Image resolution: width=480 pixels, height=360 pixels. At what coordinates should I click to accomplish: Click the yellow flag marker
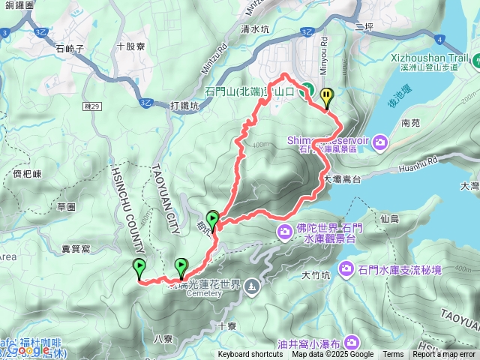[326, 97]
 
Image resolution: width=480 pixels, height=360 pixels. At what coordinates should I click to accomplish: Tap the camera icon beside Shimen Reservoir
[381, 141]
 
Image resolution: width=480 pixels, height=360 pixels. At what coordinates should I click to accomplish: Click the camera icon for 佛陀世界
[285, 232]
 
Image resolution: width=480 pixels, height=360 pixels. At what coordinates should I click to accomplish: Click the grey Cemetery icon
[250, 285]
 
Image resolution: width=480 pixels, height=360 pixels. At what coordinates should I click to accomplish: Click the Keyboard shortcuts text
[250, 355]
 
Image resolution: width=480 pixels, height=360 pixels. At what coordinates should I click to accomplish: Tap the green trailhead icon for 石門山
[307, 90]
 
